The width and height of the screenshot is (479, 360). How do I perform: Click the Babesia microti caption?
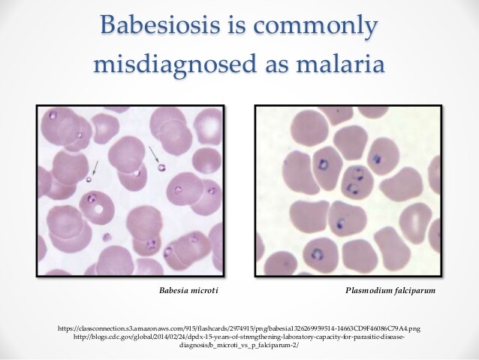coord(188,290)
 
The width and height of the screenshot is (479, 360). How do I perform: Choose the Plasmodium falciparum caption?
coord(390,290)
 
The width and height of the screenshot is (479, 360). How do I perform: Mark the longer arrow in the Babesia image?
coord(155,155)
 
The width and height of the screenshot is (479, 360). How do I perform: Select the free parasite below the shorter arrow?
coord(89,179)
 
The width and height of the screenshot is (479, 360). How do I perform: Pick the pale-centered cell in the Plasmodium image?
coord(415,217)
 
